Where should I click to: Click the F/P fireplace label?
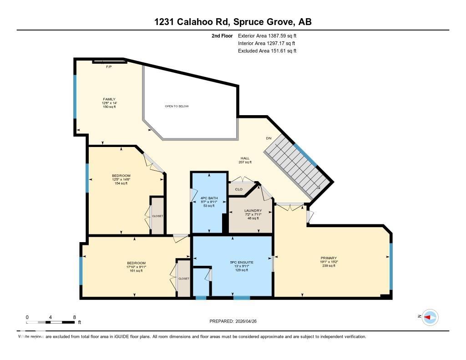109,67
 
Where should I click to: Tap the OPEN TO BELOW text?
177,106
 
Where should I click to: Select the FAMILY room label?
109,99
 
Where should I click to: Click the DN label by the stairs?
268,138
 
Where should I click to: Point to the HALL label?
245,158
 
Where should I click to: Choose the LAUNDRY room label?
253,210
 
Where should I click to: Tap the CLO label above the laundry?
238,189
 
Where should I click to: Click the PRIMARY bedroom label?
328,258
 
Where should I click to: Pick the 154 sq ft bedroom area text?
121,183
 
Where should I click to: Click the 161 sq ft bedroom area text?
136,271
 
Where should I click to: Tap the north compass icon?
430,317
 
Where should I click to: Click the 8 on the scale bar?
74,317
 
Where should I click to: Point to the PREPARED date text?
236,321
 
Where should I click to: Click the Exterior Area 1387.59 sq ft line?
267,35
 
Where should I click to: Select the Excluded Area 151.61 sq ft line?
267,51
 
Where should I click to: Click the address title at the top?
233,22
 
